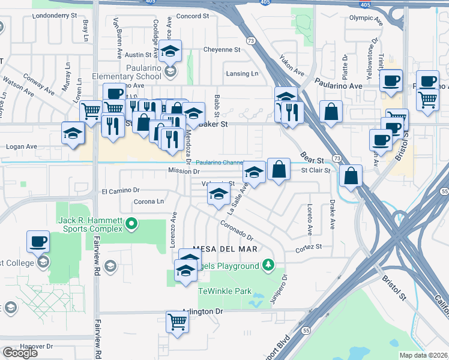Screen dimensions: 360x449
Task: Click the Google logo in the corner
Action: (x=20, y=353)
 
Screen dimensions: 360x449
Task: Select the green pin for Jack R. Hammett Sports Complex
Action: (x=132, y=225)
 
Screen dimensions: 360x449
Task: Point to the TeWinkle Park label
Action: (x=225, y=290)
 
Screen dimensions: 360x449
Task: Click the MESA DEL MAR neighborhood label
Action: (x=225, y=248)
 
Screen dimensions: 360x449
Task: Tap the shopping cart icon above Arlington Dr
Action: (x=178, y=322)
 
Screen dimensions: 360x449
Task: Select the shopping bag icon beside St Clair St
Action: (x=279, y=170)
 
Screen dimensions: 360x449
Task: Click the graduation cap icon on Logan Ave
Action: (x=73, y=134)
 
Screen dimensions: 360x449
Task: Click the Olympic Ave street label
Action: (x=366, y=18)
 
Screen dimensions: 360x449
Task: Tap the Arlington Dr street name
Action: (x=202, y=311)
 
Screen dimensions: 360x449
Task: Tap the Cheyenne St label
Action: (x=221, y=49)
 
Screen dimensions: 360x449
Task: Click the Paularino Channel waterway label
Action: (x=218, y=162)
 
